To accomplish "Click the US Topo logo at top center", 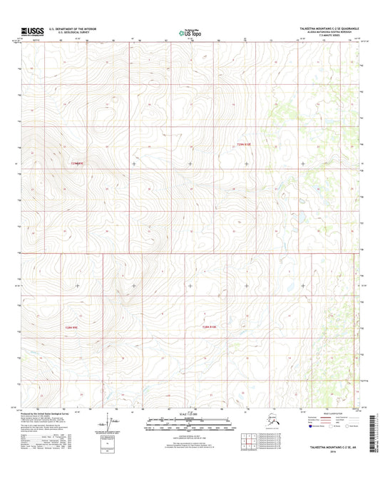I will coord(190,32).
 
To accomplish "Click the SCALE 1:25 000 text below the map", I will coord(190,414).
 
